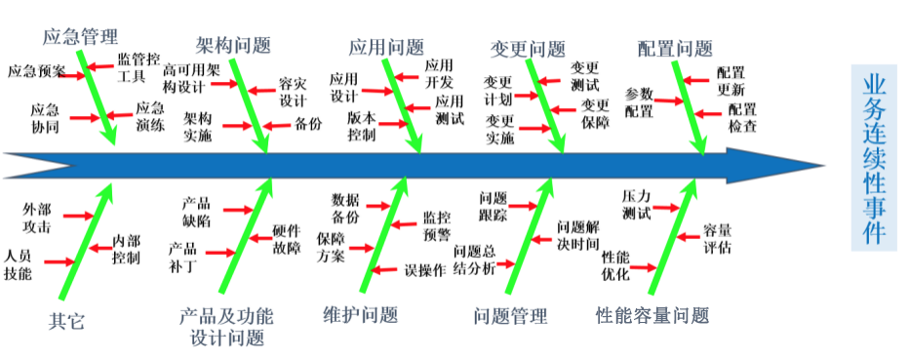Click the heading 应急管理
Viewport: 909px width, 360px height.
[x=80, y=38]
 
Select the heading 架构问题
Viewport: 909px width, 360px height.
[x=233, y=45]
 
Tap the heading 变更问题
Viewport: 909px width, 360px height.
[x=527, y=49]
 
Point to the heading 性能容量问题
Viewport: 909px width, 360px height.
[x=652, y=315]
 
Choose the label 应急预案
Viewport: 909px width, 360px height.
[x=36, y=71]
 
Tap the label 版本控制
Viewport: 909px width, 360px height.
[x=361, y=126]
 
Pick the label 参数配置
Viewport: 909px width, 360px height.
[x=640, y=101]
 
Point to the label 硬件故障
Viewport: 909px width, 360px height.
[x=287, y=240]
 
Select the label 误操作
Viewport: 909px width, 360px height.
[x=425, y=269]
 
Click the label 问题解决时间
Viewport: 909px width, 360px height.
[x=577, y=235]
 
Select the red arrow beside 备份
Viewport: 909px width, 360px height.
[x=276, y=125]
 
